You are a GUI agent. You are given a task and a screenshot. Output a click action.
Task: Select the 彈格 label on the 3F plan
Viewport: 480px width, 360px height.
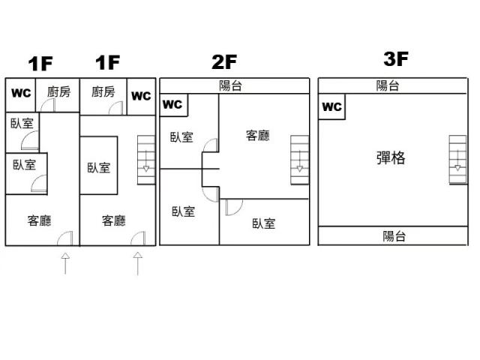pos(390,158)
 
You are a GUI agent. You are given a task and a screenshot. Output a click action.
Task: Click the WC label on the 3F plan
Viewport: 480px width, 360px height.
pos(331,107)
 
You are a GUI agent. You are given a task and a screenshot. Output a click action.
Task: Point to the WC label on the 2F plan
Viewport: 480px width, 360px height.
pos(173,105)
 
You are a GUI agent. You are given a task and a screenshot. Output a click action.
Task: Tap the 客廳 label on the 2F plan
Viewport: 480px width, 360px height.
pos(258,136)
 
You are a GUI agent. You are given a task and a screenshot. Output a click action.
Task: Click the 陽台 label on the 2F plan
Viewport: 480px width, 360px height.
pos(230,85)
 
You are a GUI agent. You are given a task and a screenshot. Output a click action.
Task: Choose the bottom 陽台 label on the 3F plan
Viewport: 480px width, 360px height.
pos(394,236)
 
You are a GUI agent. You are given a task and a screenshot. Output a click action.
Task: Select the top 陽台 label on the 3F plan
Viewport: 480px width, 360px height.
pos(388,85)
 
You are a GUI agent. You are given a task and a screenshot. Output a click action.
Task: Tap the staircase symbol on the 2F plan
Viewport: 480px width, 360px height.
pos(299,159)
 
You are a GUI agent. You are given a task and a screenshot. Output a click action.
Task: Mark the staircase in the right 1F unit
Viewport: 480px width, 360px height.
pos(147,159)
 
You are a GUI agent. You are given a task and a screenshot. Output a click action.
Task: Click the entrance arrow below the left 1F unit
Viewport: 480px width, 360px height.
pos(65,263)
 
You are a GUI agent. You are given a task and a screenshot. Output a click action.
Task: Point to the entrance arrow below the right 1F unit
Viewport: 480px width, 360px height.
pos(138,263)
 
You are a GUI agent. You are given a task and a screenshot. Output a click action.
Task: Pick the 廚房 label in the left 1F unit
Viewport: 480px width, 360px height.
pos(58,92)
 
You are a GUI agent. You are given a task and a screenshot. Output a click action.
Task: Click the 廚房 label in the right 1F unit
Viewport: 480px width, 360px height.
pos(103,92)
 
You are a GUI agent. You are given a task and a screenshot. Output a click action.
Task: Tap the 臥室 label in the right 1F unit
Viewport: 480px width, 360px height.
pos(99,168)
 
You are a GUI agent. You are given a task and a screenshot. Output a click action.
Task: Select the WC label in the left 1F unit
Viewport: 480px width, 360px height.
pos(22,94)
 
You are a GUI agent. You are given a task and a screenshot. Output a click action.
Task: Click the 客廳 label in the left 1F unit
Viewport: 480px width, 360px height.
pos(39,220)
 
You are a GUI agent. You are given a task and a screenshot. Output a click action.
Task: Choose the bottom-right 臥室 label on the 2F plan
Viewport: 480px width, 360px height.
pos(264,223)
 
